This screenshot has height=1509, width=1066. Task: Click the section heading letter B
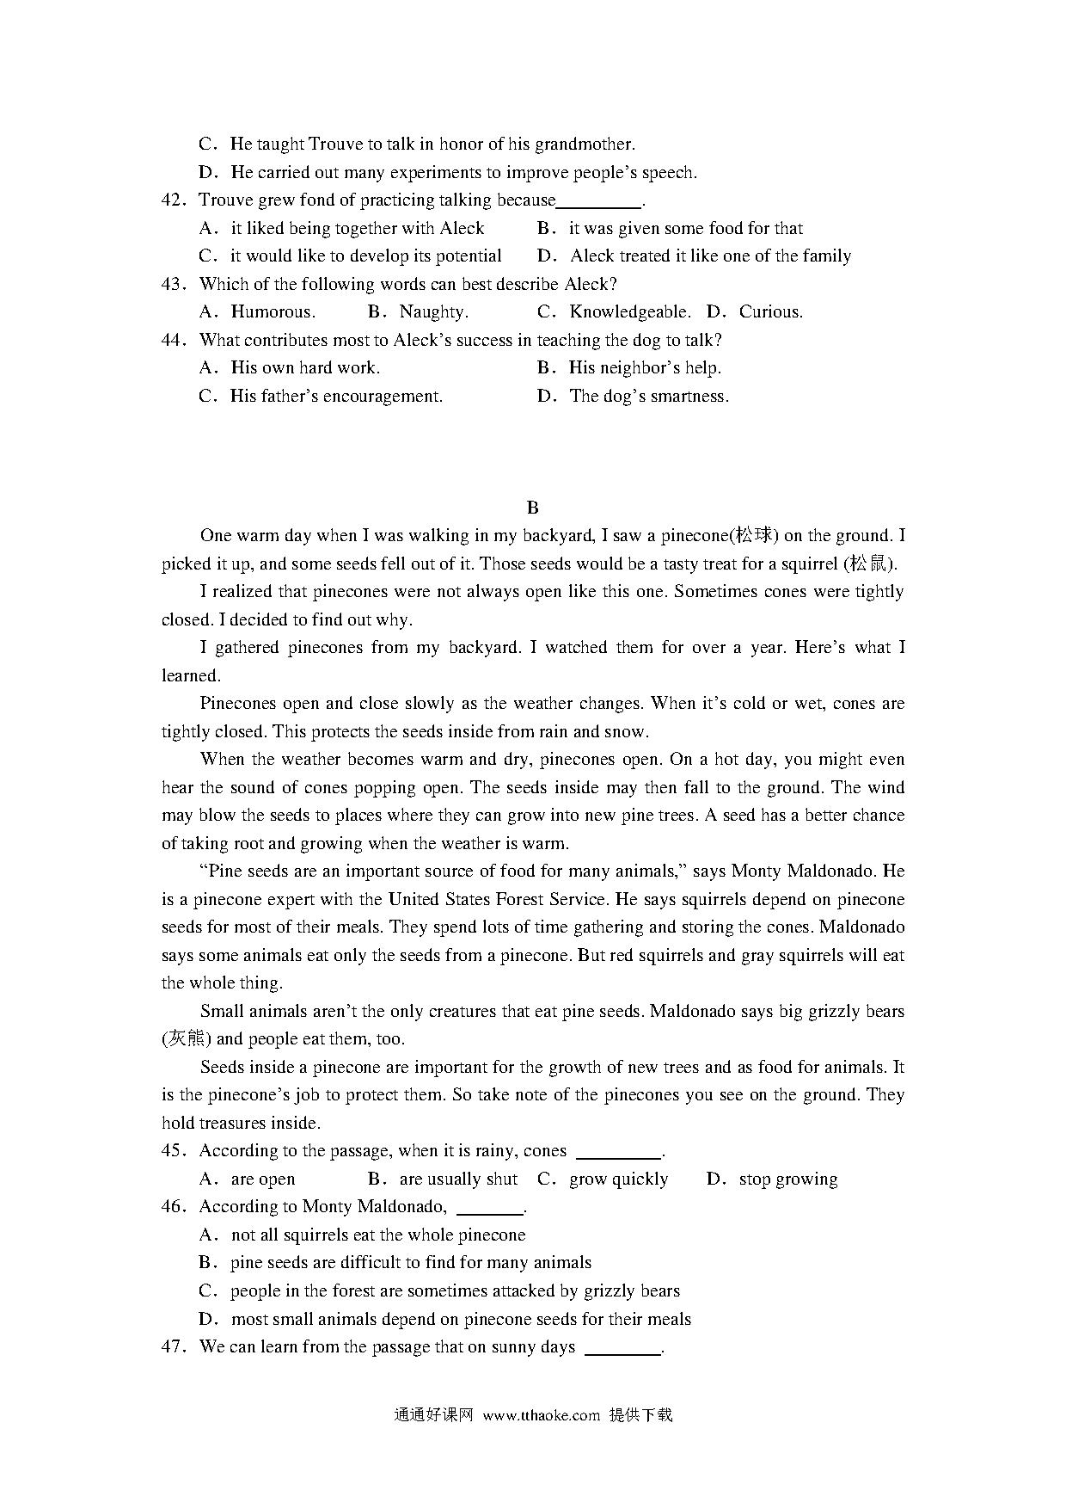point(532,508)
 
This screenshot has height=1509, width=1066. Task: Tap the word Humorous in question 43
point(273,312)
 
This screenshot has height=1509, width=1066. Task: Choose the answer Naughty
point(433,312)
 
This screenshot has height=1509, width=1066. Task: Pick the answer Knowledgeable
point(629,312)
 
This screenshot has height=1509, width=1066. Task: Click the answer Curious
point(770,312)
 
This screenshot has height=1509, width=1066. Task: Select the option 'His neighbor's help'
point(644,368)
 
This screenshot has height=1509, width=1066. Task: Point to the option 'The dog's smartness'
point(648,397)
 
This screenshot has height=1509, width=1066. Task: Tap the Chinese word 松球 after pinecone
point(754,536)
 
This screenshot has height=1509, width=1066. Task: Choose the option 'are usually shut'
point(457,1179)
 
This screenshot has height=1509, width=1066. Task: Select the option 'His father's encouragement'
point(335,397)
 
